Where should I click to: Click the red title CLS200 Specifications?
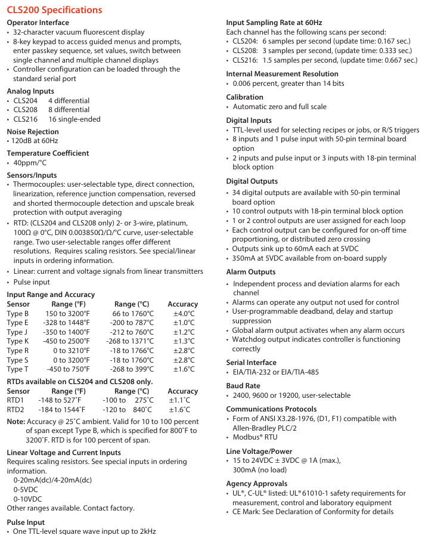(54, 10)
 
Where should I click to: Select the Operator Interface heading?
(38, 23)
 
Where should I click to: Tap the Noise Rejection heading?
(33, 132)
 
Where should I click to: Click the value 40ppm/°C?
(30, 163)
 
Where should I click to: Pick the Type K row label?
(18, 341)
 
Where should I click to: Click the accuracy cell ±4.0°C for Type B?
(184, 314)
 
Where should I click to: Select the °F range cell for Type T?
(69, 369)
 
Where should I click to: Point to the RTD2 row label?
(15, 410)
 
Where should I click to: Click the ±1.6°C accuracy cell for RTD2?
(179, 410)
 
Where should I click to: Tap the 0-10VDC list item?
(27, 499)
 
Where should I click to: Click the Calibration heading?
(244, 97)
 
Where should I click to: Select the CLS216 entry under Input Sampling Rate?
(245, 60)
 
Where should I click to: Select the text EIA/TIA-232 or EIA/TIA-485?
(275, 372)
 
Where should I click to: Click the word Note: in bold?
(15, 422)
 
